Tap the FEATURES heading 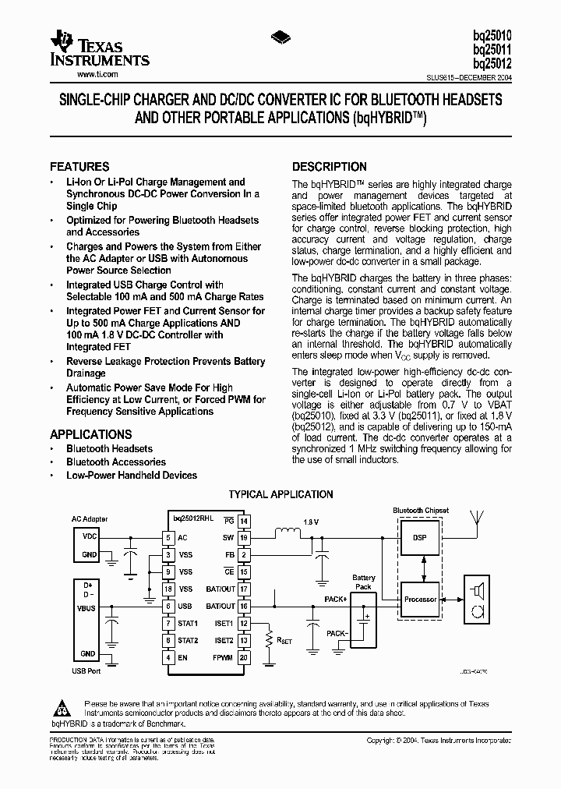(79, 167)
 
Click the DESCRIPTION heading (329, 167)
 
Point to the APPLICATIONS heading (91, 434)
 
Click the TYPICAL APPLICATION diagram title (280, 494)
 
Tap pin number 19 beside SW (244, 537)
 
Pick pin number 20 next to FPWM (244, 657)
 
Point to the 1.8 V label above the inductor (310, 522)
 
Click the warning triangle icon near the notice (60, 708)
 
